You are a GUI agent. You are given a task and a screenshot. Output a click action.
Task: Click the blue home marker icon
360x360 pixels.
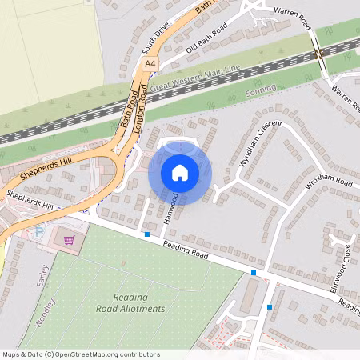[180, 172]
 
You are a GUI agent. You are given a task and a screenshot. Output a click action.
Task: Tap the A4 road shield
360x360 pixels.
[150, 62]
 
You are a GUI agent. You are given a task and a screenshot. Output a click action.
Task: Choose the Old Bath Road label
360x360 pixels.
[206, 39]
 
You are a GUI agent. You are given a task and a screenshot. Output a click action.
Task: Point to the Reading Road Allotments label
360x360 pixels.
[130, 302]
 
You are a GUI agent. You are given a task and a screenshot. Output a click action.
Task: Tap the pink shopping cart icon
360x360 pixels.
[70, 239]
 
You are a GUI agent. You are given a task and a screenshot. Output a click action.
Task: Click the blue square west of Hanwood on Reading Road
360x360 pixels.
[147, 234]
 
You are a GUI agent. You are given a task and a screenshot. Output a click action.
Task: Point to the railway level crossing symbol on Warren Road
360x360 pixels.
[318, 54]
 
